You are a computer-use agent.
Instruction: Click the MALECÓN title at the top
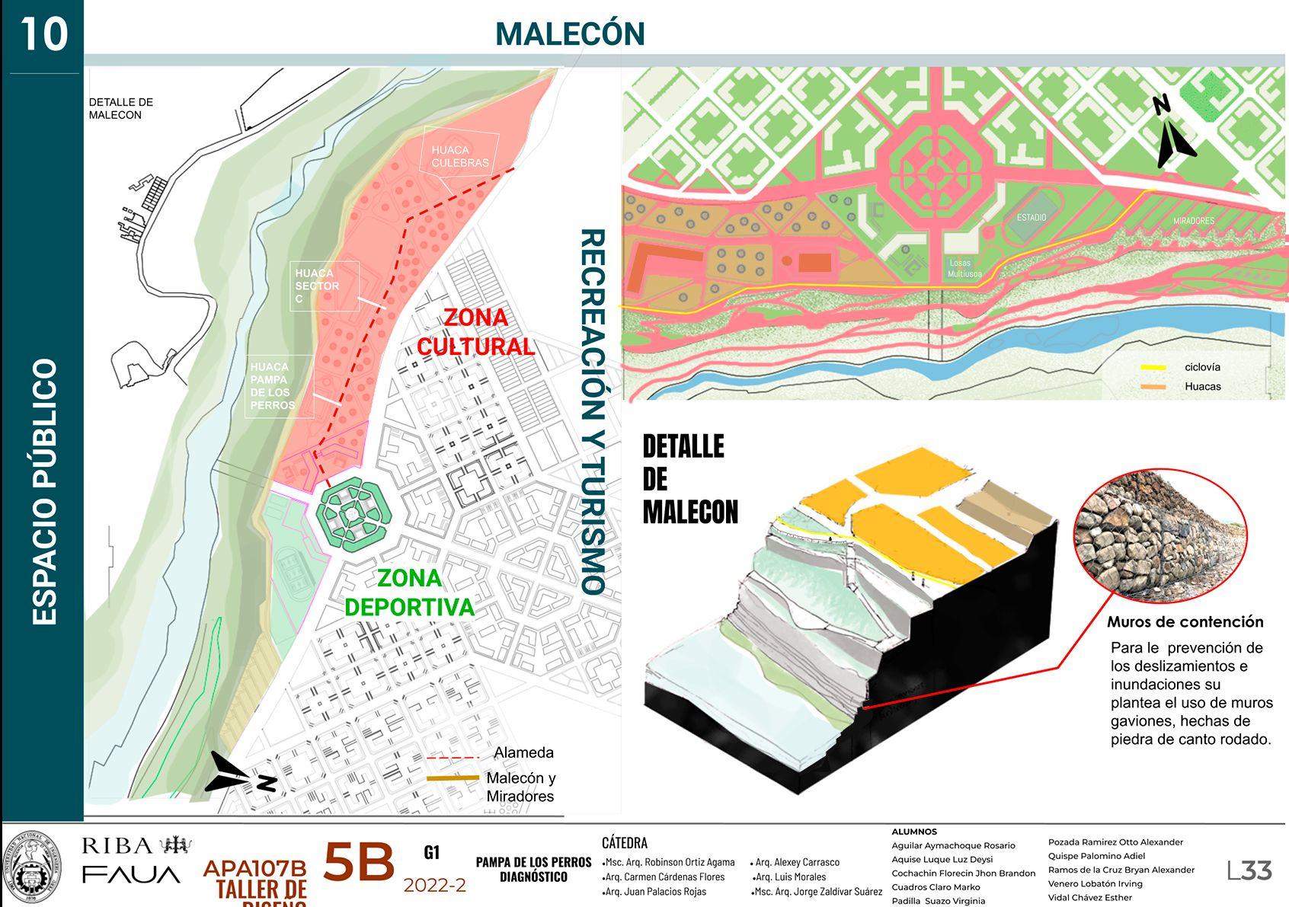click(570, 34)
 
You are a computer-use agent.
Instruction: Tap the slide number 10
click(43, 34)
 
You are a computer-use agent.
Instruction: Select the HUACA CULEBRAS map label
click(460, 156)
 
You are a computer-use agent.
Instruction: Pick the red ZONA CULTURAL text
click(475, 332)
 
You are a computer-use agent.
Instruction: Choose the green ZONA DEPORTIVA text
click(409, 592)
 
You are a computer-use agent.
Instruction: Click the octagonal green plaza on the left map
click(352, 515)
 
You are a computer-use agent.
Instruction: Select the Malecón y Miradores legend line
click(453, 778)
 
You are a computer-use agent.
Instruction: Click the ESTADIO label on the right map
click(1031, 218)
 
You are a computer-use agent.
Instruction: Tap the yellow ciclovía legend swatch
click(1153, 368)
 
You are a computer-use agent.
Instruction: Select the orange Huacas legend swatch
click(1153, 387)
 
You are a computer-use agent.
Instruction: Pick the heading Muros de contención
click(1185, 622)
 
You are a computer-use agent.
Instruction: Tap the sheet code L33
click(1249, 870)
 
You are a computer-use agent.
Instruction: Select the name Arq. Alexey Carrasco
click(796, 862)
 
